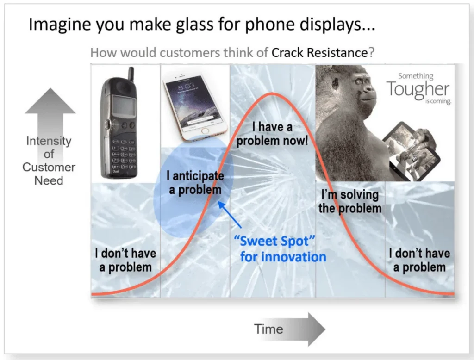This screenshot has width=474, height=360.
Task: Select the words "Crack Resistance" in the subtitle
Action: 319,52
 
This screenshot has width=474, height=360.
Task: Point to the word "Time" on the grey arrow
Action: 268,329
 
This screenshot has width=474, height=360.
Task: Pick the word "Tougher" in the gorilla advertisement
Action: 418,89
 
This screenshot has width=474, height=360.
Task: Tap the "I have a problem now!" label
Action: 272,134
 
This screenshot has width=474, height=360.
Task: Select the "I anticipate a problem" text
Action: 195,183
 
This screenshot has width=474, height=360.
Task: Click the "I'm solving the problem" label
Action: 350,202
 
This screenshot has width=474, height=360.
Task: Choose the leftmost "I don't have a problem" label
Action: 125,260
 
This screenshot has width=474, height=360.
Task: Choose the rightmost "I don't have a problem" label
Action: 419,260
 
